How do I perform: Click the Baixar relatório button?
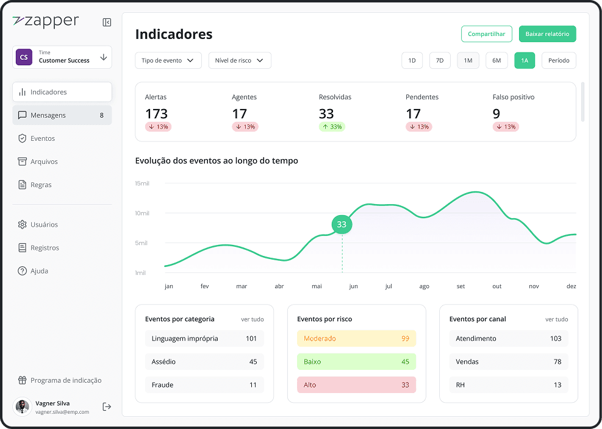click(x=548, y=34)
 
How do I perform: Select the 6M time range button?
click(x=496, y=60)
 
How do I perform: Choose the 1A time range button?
click(x=525, y=60)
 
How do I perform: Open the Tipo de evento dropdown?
click(x=168, y=60)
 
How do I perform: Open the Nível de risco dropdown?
click(x=240, y=60)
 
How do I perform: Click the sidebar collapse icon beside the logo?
click(x=107, y=23)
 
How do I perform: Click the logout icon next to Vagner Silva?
click(x=107, y=406)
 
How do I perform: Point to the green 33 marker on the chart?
click(x=342, y=224)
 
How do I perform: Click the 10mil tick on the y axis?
click(x=142, y=213)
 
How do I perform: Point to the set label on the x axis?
click(x=460, y=286)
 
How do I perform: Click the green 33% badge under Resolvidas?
click(x=332, y=127)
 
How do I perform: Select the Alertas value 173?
click(x=156, y=113)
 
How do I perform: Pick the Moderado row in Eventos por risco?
click(x=357, y=338)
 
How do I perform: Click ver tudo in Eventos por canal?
click(x=557, y=319)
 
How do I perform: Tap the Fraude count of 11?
click(x=253, y=385)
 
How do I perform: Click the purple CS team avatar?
click(x=24, y=57)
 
